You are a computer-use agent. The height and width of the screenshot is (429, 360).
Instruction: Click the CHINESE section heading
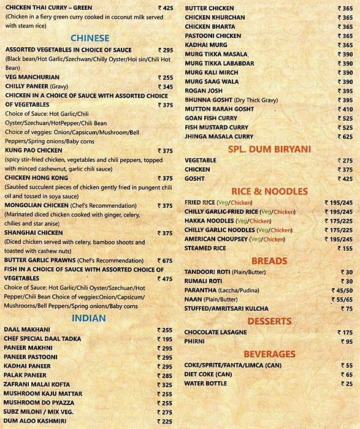[x=90, y=38]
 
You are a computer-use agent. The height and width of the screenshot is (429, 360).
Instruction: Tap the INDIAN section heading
[x=89, y=317]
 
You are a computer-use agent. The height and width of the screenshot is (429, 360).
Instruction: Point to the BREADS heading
[x=269, y=260]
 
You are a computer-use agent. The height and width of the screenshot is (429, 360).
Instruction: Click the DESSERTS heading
[x=269, y=320]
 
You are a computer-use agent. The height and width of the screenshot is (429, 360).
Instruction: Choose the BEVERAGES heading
[x=269, y=354]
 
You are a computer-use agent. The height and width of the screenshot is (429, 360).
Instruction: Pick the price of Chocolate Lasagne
[x=345, y=332]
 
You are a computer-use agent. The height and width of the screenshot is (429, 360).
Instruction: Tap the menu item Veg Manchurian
[x=32, y=78]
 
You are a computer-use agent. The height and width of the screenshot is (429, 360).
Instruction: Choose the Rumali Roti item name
[x=203, y=281]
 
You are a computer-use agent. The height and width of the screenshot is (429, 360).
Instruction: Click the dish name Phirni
[x=196, y=341]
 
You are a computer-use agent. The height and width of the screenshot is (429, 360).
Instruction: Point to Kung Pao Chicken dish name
[x=36, y=151]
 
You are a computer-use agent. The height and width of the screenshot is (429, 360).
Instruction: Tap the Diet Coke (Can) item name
[x=208, y=374]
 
